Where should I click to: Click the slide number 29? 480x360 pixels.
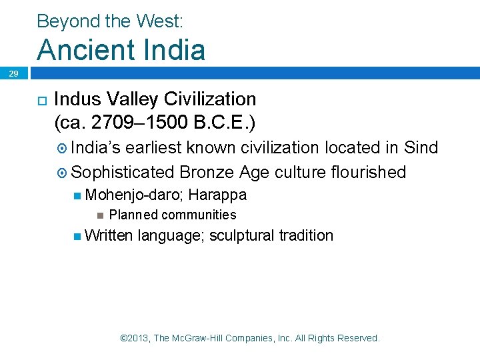(x=13, y=75)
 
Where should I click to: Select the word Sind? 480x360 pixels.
(x=422, y=147)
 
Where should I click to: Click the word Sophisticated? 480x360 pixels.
(x=123, y=172)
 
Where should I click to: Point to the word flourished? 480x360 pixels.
(x=368, y=172)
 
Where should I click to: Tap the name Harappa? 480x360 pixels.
(x=217, y=195)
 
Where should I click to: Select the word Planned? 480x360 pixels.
(x=133, y=215)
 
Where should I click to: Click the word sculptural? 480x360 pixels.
(x=241, y=235)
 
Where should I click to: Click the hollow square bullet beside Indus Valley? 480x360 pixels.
(x=41, y=100)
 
